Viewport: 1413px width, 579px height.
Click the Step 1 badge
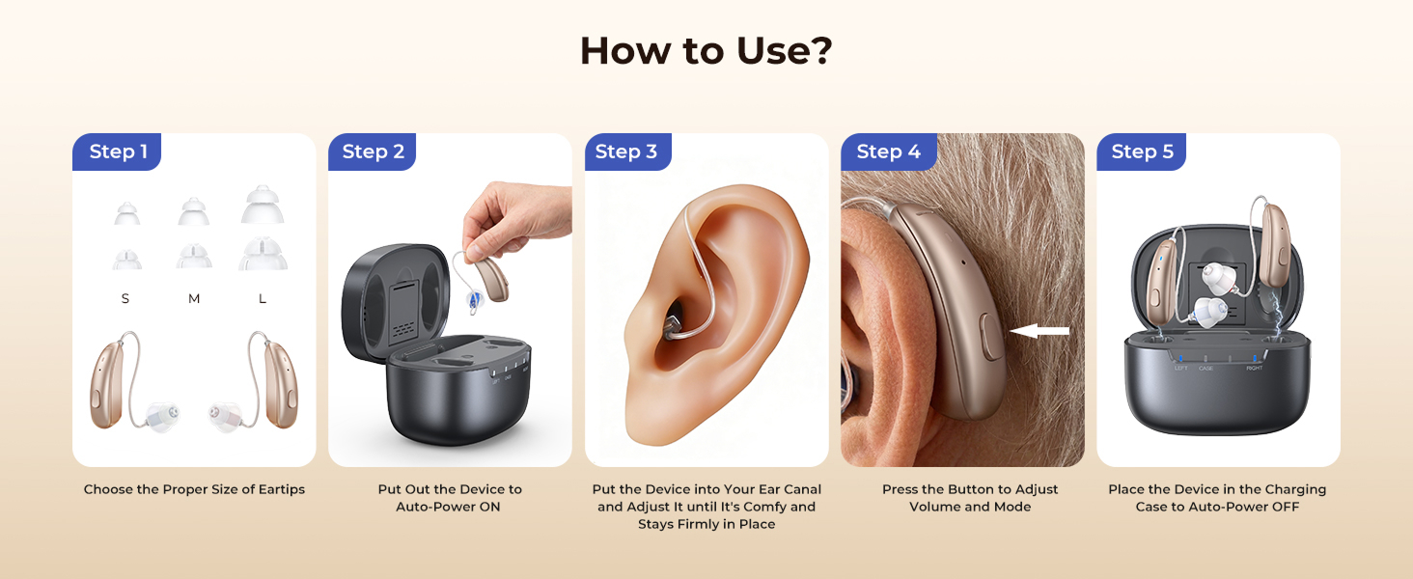click(x=118, y=152)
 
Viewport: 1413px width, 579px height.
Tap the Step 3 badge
click(x=625, y=152)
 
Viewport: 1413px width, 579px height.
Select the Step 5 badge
click(x=1142, y=152)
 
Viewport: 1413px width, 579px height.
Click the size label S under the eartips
click(x=125, y=299)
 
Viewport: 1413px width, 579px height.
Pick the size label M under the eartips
click(x=194, y=299)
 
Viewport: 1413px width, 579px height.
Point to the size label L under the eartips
click(x=263, y=299)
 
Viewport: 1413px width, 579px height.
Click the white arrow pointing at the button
click(x=1039, y=331)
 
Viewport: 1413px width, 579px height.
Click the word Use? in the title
click(x=782, y=51)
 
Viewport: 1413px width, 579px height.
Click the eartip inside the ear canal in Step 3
click(x=674, y=320)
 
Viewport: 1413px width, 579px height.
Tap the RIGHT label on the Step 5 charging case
click(x=1254, y=368)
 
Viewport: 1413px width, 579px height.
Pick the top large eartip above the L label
click(x=263, y=205)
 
